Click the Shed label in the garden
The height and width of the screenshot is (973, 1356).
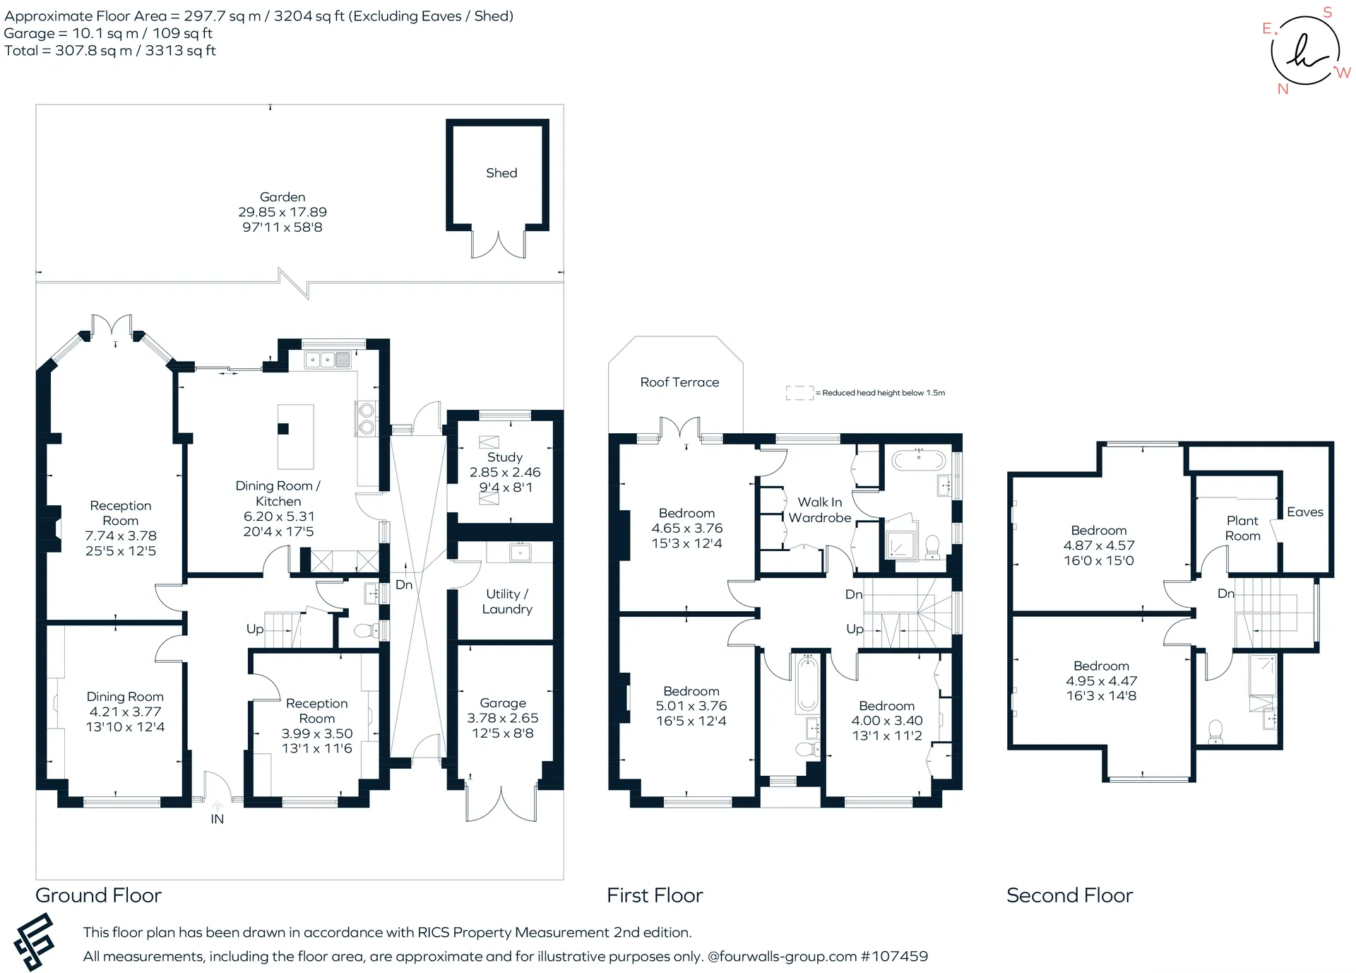tap(501, 173)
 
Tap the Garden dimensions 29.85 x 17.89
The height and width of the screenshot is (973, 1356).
tap(282, 212)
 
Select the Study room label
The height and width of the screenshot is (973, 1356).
tap(505, 458)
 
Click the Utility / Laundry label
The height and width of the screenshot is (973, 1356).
tap(507, 601)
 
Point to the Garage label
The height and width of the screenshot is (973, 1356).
tap(503, 703)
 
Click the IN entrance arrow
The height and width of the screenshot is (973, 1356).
tap(217, 806)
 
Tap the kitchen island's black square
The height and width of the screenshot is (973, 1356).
tap(283, 428)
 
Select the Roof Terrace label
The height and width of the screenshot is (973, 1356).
tap(679, 382)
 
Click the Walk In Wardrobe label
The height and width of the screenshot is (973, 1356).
tap(820, 509)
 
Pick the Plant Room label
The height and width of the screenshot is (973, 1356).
tap(1242, 529)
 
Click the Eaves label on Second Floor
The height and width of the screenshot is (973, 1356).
tap(1305, 512)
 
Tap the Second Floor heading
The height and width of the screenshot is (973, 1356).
tap(1069, 895)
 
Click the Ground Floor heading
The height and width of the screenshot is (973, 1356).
tap(98, 895)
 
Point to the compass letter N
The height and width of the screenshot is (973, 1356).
tap(1283, 89)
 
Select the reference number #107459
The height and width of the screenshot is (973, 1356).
tap(894, 957)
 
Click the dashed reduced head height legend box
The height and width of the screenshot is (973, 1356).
tap(800, 393)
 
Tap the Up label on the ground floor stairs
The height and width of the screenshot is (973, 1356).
tap(255, 629)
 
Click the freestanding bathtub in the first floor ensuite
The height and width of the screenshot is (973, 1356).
tap(918, 461)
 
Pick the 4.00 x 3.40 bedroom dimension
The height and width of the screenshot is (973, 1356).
tap(887, 721)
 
